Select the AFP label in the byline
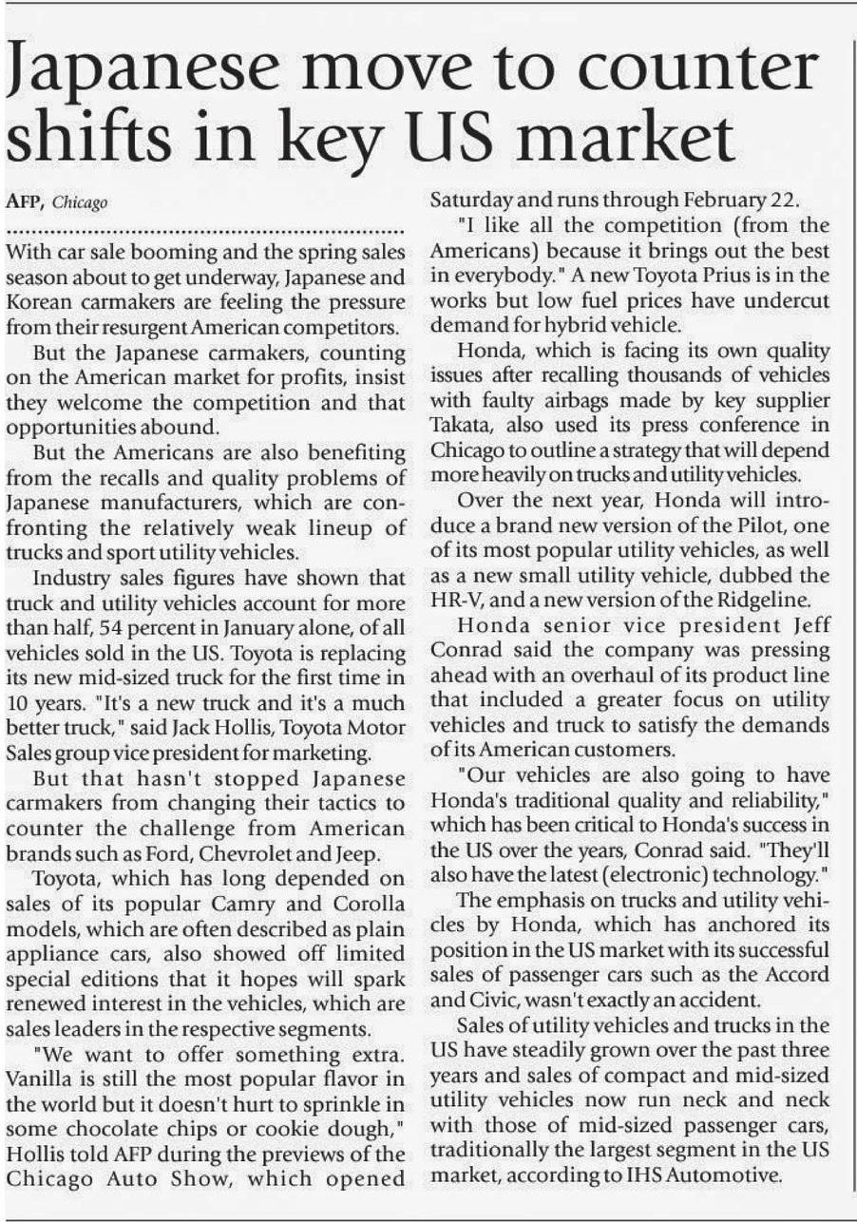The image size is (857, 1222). pos(26,202)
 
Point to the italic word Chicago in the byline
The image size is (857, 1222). pos(80,203)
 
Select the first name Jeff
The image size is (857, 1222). pos(806,626)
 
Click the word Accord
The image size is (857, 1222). pos(798,975)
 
